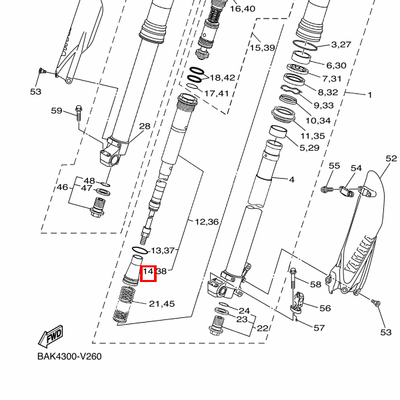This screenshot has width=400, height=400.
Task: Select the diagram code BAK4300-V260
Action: [x=69, y=356]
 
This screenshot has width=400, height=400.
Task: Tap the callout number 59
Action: [x=57, y=111]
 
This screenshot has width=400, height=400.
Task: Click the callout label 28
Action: [x=145, y=127]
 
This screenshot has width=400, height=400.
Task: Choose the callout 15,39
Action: [x=263, y=48]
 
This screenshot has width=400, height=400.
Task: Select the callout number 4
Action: [x=291, y=179]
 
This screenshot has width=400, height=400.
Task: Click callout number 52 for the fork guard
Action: [x=391, y=159]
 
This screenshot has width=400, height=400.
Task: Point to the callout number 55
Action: [x=335, y=165]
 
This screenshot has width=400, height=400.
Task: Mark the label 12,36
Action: [x=206, y=221]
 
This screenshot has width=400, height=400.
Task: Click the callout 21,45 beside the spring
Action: [x=161, y=304]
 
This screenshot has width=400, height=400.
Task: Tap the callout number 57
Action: [x=319, y=328]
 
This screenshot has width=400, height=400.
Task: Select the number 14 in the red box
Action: [x=148, y=272]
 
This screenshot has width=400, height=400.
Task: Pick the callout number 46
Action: [x=62, y=187]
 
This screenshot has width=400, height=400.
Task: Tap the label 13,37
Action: [x=163, y=251]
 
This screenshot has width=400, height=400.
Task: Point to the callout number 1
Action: [x=369, y=95]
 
